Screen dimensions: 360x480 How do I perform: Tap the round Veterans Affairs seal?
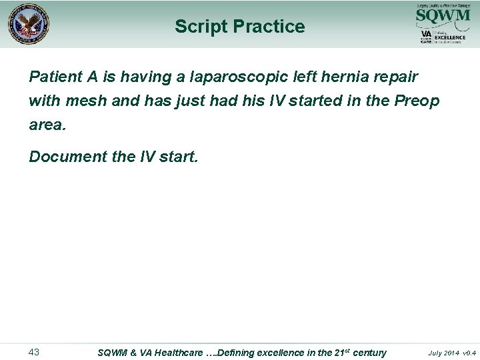29,25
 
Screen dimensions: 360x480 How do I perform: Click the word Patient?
55,77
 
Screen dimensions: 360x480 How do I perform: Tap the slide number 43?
35,351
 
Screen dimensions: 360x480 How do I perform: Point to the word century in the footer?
369,352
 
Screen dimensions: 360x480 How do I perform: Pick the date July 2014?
444,353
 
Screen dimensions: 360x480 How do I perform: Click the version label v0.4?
469,353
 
